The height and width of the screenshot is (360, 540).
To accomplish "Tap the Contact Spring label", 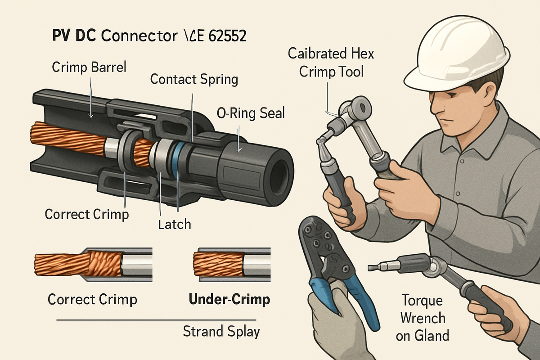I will [x=193, y=80].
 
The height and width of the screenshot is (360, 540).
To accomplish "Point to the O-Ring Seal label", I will [x=251, y=113].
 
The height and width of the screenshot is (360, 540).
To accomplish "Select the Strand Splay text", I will [x=221, y=332].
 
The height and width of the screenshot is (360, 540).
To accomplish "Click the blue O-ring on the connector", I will [x=178, y=160].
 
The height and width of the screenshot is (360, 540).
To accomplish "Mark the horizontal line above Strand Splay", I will [x=157, y=320].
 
